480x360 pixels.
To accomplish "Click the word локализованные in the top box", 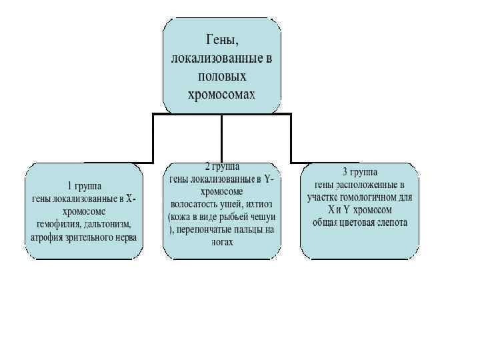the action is [213, 59].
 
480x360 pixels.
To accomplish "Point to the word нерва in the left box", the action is [125, 237].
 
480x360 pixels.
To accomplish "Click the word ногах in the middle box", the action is [222, 243].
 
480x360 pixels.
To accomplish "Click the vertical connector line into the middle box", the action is [222, 137].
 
